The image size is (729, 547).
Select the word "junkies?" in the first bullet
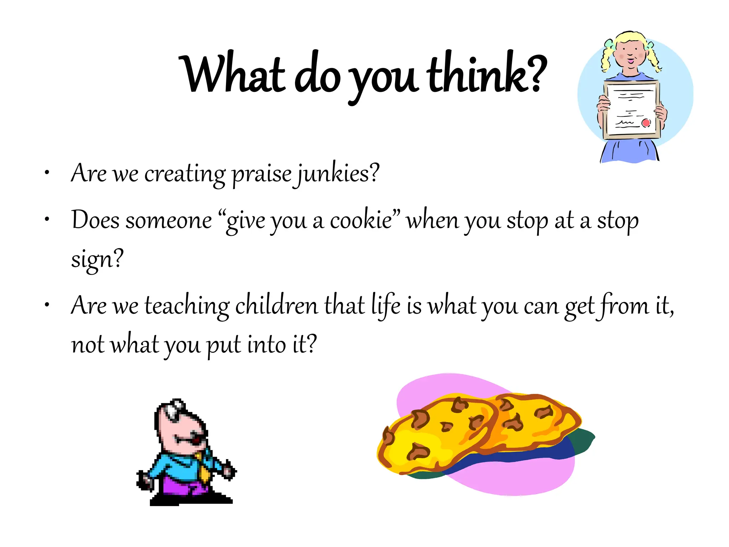(x=338, y=174)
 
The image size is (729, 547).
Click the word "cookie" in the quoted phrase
(x=361, y=220)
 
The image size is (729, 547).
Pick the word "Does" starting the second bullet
(x=95, y=220)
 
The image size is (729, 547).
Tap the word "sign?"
(x=97, y=259)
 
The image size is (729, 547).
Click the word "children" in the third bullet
(x=277, y=306)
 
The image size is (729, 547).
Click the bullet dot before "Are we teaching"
(x=47, y=305)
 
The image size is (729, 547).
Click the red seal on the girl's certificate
(x=646, y=123)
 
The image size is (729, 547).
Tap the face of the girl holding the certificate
(x=630, y=55)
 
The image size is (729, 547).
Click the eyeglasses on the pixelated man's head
(x=175, y=409)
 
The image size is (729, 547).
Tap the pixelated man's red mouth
(x=195, y=441)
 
